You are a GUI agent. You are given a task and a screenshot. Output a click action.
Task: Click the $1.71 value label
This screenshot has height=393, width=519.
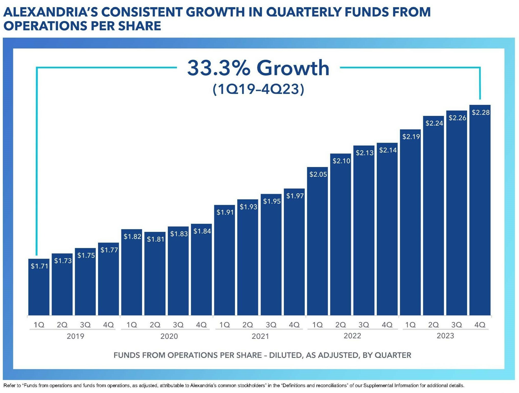pos(39,266)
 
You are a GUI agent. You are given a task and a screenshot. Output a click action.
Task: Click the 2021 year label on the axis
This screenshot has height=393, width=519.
pos(260,336)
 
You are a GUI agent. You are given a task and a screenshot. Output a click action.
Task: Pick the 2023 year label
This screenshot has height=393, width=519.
pos(445,336)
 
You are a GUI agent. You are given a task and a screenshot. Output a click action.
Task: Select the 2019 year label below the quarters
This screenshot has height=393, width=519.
pos(75,336)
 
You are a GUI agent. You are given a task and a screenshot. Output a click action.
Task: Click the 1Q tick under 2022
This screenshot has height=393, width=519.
pos(317,325)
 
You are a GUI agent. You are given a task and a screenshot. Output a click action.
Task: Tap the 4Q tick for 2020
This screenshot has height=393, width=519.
pos(201,325)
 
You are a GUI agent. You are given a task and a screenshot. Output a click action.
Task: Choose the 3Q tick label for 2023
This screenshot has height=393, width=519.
pos(457,325)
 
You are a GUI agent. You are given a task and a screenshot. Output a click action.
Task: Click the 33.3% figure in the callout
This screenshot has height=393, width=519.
pos(219,68)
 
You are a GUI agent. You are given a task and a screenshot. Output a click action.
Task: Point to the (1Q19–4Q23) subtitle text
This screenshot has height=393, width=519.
pos(258,89)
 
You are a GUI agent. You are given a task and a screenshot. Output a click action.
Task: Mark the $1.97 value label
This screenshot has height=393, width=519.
pos(295,196)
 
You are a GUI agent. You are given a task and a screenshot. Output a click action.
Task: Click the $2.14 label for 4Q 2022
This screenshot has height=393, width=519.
pos(388,150)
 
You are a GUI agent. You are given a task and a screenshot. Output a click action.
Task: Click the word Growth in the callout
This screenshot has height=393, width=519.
pos(293,68)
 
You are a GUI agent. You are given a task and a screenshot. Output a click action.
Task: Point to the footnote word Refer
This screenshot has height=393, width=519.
pos(9,386)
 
